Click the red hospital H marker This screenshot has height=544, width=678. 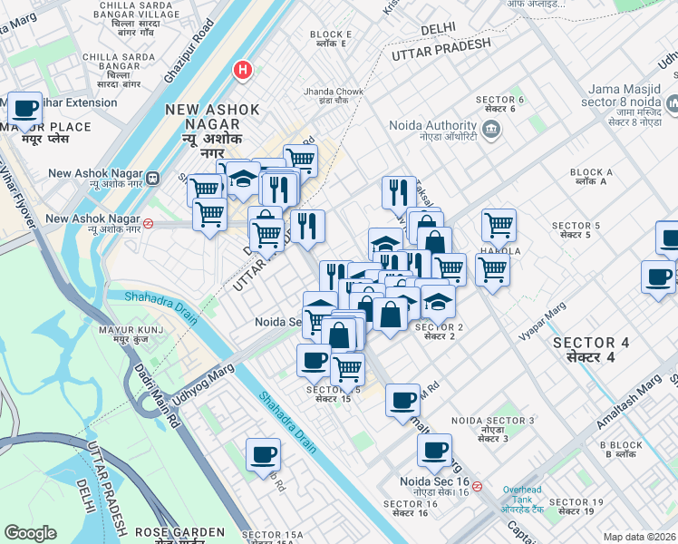pos(242,70)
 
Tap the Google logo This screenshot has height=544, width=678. pos(30,533)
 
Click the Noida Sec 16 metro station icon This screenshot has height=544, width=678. pos(477,486)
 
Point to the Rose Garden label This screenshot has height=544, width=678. pos(179,533)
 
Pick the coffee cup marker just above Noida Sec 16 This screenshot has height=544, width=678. pos(433,450)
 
